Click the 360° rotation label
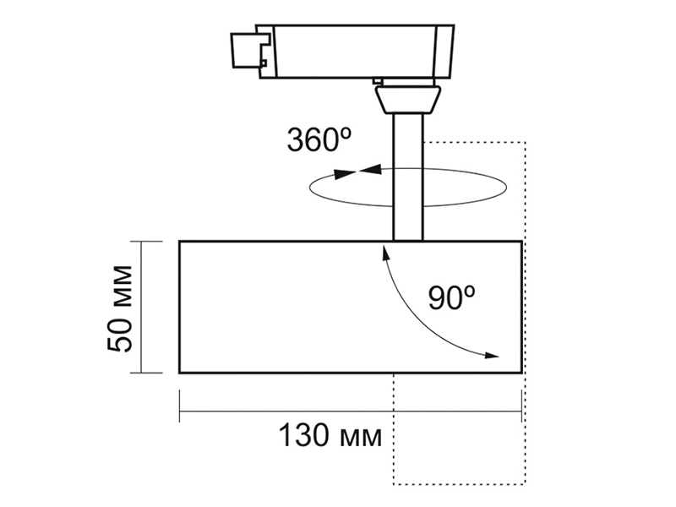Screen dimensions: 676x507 click(319, 139)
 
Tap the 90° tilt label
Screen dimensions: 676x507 click(452, 297)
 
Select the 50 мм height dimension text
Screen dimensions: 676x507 click(119, 308)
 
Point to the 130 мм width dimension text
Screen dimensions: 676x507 click(330, 435)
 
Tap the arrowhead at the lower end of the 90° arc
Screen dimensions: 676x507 click(492, 356)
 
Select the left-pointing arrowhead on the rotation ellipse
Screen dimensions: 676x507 click(371, 169)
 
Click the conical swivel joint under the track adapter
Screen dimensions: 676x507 click(407, 100)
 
